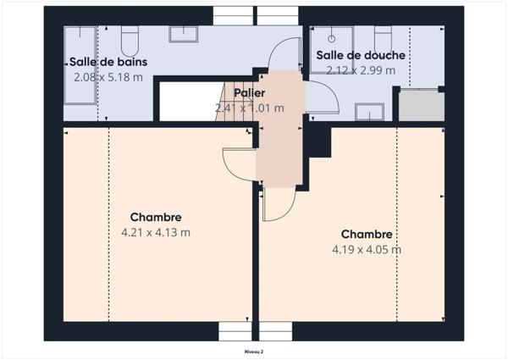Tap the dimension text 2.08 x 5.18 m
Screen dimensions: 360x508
pos(108,77)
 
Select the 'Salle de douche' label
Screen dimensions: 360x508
pos(361,56)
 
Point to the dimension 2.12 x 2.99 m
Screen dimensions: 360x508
pos(361,70)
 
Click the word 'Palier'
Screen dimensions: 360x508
pos(249,93)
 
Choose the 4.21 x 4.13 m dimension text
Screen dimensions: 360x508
pos(156,232)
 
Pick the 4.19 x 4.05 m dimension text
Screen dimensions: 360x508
pos(367,249)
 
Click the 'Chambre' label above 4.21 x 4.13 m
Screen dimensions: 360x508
pos(156,218)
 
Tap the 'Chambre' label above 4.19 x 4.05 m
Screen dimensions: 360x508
pos(367,234)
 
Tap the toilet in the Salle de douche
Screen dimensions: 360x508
pos(383,38)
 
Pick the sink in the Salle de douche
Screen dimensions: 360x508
pos(369,113)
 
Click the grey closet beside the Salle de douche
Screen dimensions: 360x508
pos(421,106)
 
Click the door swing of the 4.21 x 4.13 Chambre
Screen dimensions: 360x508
pos(237,162)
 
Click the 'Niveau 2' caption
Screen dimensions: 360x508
pos(254,350)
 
